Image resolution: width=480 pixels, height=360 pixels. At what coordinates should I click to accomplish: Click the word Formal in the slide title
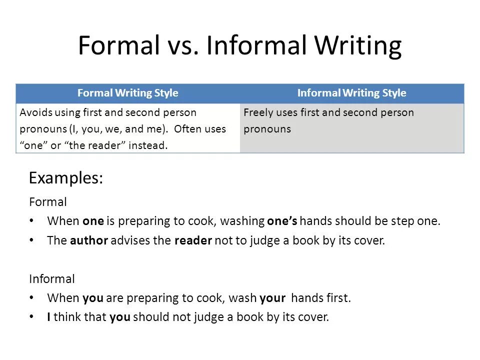[x=118, y=46]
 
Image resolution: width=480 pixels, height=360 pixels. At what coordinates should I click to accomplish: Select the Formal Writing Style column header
[x=127, y=93]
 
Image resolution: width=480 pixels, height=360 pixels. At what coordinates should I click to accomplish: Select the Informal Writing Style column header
[x=351, y=93]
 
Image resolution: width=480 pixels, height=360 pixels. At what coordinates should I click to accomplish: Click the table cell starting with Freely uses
[x=351, y=120]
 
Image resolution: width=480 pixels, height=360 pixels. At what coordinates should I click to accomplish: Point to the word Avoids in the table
[x=35, y=112]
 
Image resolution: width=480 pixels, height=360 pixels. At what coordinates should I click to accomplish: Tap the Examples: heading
[x=66, y=178]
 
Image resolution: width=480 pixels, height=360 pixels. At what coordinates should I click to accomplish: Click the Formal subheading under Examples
[x=48, y=202]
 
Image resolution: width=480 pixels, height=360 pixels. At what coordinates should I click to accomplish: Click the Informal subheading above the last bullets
[x=52, y=278]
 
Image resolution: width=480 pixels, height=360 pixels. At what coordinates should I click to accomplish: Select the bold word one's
[x=282, y=221]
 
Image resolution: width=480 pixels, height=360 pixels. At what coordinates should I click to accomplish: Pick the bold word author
[x=89, y=240]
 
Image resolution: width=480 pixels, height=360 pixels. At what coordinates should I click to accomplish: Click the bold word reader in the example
[x=193, y=240]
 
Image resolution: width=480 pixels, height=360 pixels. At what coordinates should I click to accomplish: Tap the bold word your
[x=272, y=298]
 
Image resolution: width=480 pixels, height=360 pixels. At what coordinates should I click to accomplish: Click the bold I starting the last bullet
[x=49, y=316]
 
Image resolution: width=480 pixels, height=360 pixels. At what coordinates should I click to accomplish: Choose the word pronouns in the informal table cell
[x=267, y=129]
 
